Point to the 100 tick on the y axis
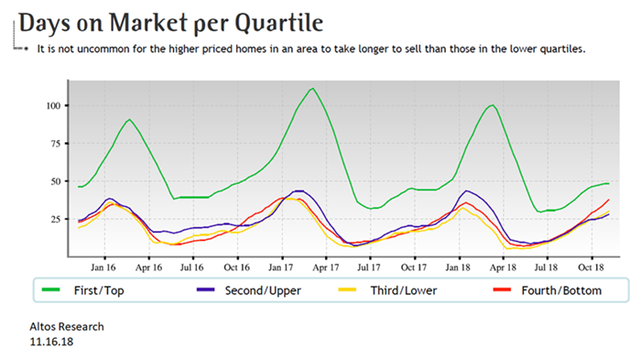(53, 105)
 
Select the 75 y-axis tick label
(56, 143)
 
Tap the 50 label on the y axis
(56, 181)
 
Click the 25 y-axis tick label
(56, 220)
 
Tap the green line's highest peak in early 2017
(312, 89)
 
